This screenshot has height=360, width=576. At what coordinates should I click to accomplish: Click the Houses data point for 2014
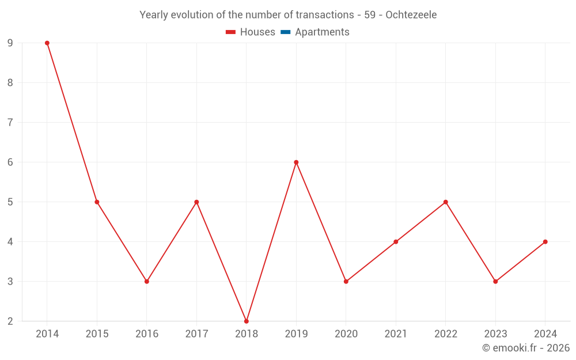tap(47, 43)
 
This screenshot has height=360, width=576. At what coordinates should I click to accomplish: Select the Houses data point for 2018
tap(247, 321)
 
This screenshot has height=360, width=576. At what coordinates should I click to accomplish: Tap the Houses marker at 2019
tap(296, 162)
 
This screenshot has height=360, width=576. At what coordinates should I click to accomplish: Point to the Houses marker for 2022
tap(446, 202)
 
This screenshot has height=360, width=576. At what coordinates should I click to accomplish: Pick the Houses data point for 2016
tap(147, 282)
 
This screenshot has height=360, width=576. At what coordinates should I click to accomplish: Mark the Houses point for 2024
tap(545, 242)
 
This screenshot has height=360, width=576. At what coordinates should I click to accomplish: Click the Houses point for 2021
tap(396, 242)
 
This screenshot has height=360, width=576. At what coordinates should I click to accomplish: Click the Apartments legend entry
tap(322, 32)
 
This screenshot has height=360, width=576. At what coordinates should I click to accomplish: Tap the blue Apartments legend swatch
tap(285, 32)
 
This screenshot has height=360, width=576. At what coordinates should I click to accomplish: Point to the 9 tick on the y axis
tap(10, 43)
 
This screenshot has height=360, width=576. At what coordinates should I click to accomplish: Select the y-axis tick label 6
tap(10, 162)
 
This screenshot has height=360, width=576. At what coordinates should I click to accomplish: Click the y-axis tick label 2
tap(10, 321)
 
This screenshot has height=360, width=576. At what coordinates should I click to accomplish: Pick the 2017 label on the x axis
tap(196, 334)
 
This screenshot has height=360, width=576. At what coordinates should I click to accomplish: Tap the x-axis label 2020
tap(346, 334)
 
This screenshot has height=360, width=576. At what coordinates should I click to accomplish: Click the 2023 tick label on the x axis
tap(495, 334)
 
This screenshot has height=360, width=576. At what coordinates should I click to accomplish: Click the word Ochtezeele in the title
tap(411, 15)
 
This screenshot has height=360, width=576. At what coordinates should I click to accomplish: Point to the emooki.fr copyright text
tap(525, 348)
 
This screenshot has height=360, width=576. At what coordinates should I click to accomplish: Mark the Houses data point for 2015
tap(97, 202)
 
